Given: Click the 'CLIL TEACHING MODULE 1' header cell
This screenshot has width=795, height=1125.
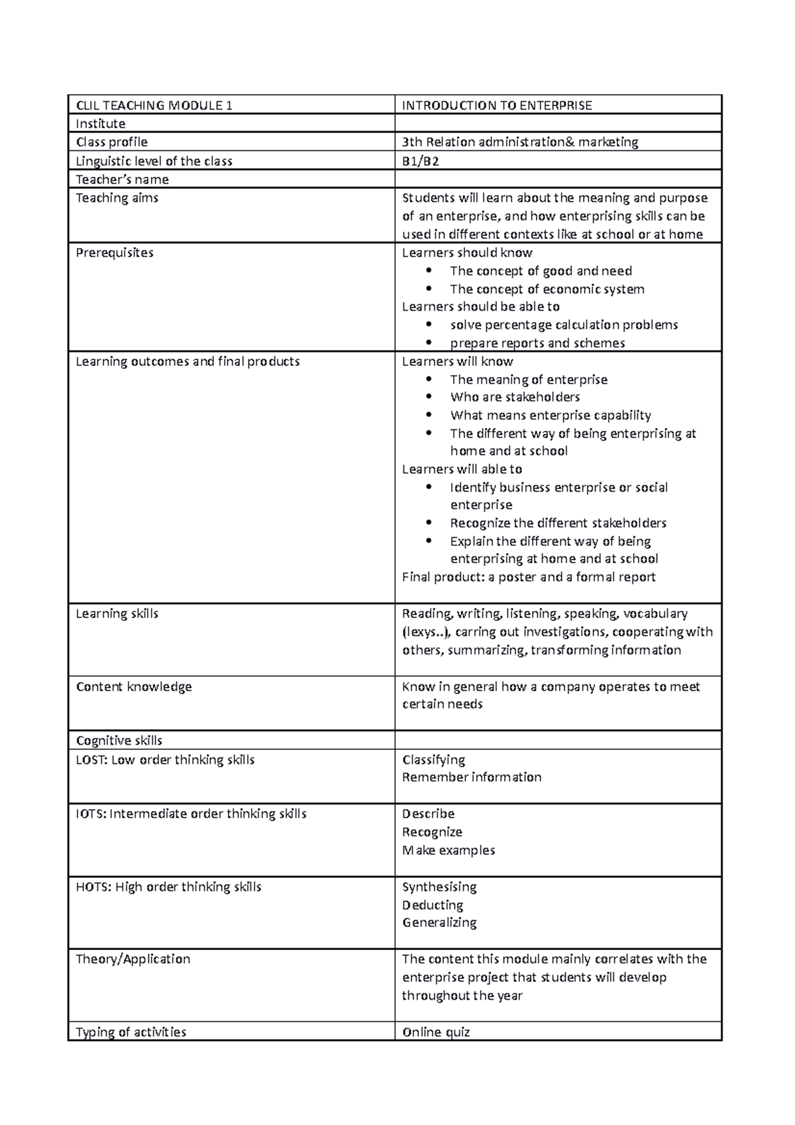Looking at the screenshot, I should [x=154, y=105].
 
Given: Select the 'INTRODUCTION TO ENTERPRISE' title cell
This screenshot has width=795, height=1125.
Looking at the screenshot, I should [x=497, y=105].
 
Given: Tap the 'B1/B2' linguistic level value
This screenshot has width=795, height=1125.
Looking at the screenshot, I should [x=420, y=161].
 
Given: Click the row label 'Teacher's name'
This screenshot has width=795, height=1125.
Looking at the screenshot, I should [x=122, y=180].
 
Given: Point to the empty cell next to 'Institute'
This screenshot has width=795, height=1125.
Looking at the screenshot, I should [x=558, y=123].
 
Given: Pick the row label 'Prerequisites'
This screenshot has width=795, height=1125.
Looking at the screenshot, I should [x=115, y=252].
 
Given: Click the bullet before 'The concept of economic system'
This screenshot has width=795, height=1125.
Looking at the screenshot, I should [x=430, y=289].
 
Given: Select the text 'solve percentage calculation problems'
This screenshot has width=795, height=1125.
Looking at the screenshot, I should [x=564, y=325].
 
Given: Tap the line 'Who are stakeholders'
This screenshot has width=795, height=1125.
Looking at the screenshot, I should [x=515, y=397].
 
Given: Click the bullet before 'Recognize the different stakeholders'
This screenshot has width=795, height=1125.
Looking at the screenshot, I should [x=430, y=523].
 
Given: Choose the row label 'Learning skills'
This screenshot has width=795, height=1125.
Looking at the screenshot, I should [x=117, y=614].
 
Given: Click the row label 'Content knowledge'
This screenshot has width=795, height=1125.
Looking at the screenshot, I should [x=134, y=686].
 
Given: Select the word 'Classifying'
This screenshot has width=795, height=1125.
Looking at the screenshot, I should [x=433, y=759].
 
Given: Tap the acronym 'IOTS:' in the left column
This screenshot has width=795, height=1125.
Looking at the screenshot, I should [x=91, y=814].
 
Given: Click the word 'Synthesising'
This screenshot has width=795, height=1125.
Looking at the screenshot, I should [x=439, y=886].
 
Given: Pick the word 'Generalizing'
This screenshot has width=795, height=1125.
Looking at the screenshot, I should [x=439, y=922].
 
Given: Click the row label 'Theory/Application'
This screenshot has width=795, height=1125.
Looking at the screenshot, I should [x=132, y=959].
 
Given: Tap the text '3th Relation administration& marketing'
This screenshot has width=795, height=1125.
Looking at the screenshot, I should [x=520, y=142].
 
